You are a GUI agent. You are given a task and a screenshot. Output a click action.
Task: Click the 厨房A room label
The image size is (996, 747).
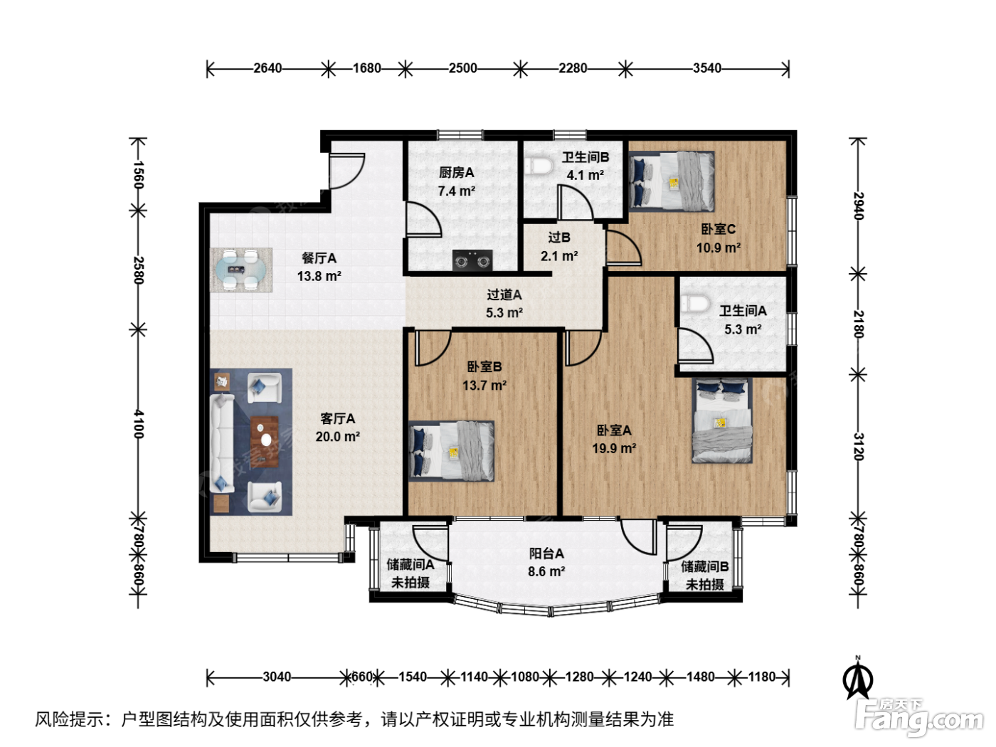(456, 173)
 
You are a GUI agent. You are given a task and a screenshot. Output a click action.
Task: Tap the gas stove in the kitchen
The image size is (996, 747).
(472, 261)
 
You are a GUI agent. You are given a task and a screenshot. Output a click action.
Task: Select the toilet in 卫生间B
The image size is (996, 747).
(539, 166)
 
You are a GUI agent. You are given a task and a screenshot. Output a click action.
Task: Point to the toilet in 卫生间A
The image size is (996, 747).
(696, 304)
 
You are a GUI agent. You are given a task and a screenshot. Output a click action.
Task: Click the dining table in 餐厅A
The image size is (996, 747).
(241, 270)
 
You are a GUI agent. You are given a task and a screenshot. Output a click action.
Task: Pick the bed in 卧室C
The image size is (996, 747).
(672, 181)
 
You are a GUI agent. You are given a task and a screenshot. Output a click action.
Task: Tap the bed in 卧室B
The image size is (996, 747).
(452, 451)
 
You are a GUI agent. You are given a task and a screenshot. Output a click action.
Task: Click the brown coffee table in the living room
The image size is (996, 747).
(265, 441)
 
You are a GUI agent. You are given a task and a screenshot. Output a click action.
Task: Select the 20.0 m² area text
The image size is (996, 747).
(338, 436)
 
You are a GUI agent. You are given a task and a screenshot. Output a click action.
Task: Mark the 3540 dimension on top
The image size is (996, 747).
(707, 68)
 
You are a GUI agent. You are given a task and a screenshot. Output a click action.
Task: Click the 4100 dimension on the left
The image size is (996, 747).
(139, 424)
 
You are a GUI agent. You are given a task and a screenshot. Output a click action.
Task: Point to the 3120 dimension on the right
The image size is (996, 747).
(858, 447)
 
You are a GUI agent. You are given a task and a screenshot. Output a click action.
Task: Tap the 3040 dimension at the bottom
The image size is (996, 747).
(277, 677)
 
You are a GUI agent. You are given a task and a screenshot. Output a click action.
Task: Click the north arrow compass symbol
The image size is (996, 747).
(857, 678)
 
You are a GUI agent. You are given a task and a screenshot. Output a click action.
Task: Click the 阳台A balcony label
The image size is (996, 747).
(546, 553)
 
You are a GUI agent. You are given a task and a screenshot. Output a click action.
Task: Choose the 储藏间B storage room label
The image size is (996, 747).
(705, 566)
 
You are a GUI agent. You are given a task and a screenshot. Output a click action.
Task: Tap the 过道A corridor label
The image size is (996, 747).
(504, 295)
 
